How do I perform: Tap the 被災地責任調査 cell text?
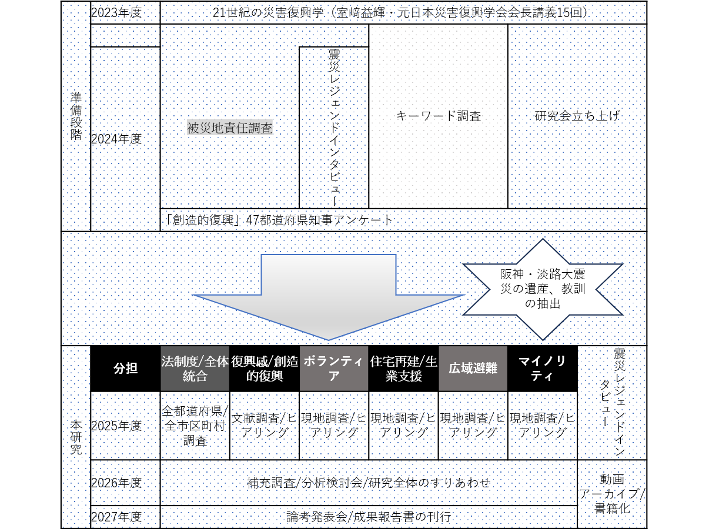pos(230,128)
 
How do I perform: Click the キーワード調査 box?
pos(438,116)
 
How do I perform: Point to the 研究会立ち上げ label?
pos(577,116)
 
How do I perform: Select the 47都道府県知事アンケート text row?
pos(279,220)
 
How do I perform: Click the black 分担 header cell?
pos(125,369)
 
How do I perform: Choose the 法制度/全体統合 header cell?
pos(195,369)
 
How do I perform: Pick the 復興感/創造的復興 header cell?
pos(264,369)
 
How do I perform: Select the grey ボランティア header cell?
pos(333,369)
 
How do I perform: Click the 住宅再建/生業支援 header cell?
pos(403,369)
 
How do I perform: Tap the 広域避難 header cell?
pos(473,369)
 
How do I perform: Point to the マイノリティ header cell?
pos(542,369)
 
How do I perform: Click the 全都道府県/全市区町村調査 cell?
pos(195,426)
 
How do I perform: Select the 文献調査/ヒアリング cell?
pos(264,426)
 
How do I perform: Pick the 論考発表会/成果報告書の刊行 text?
pos(369,517)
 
